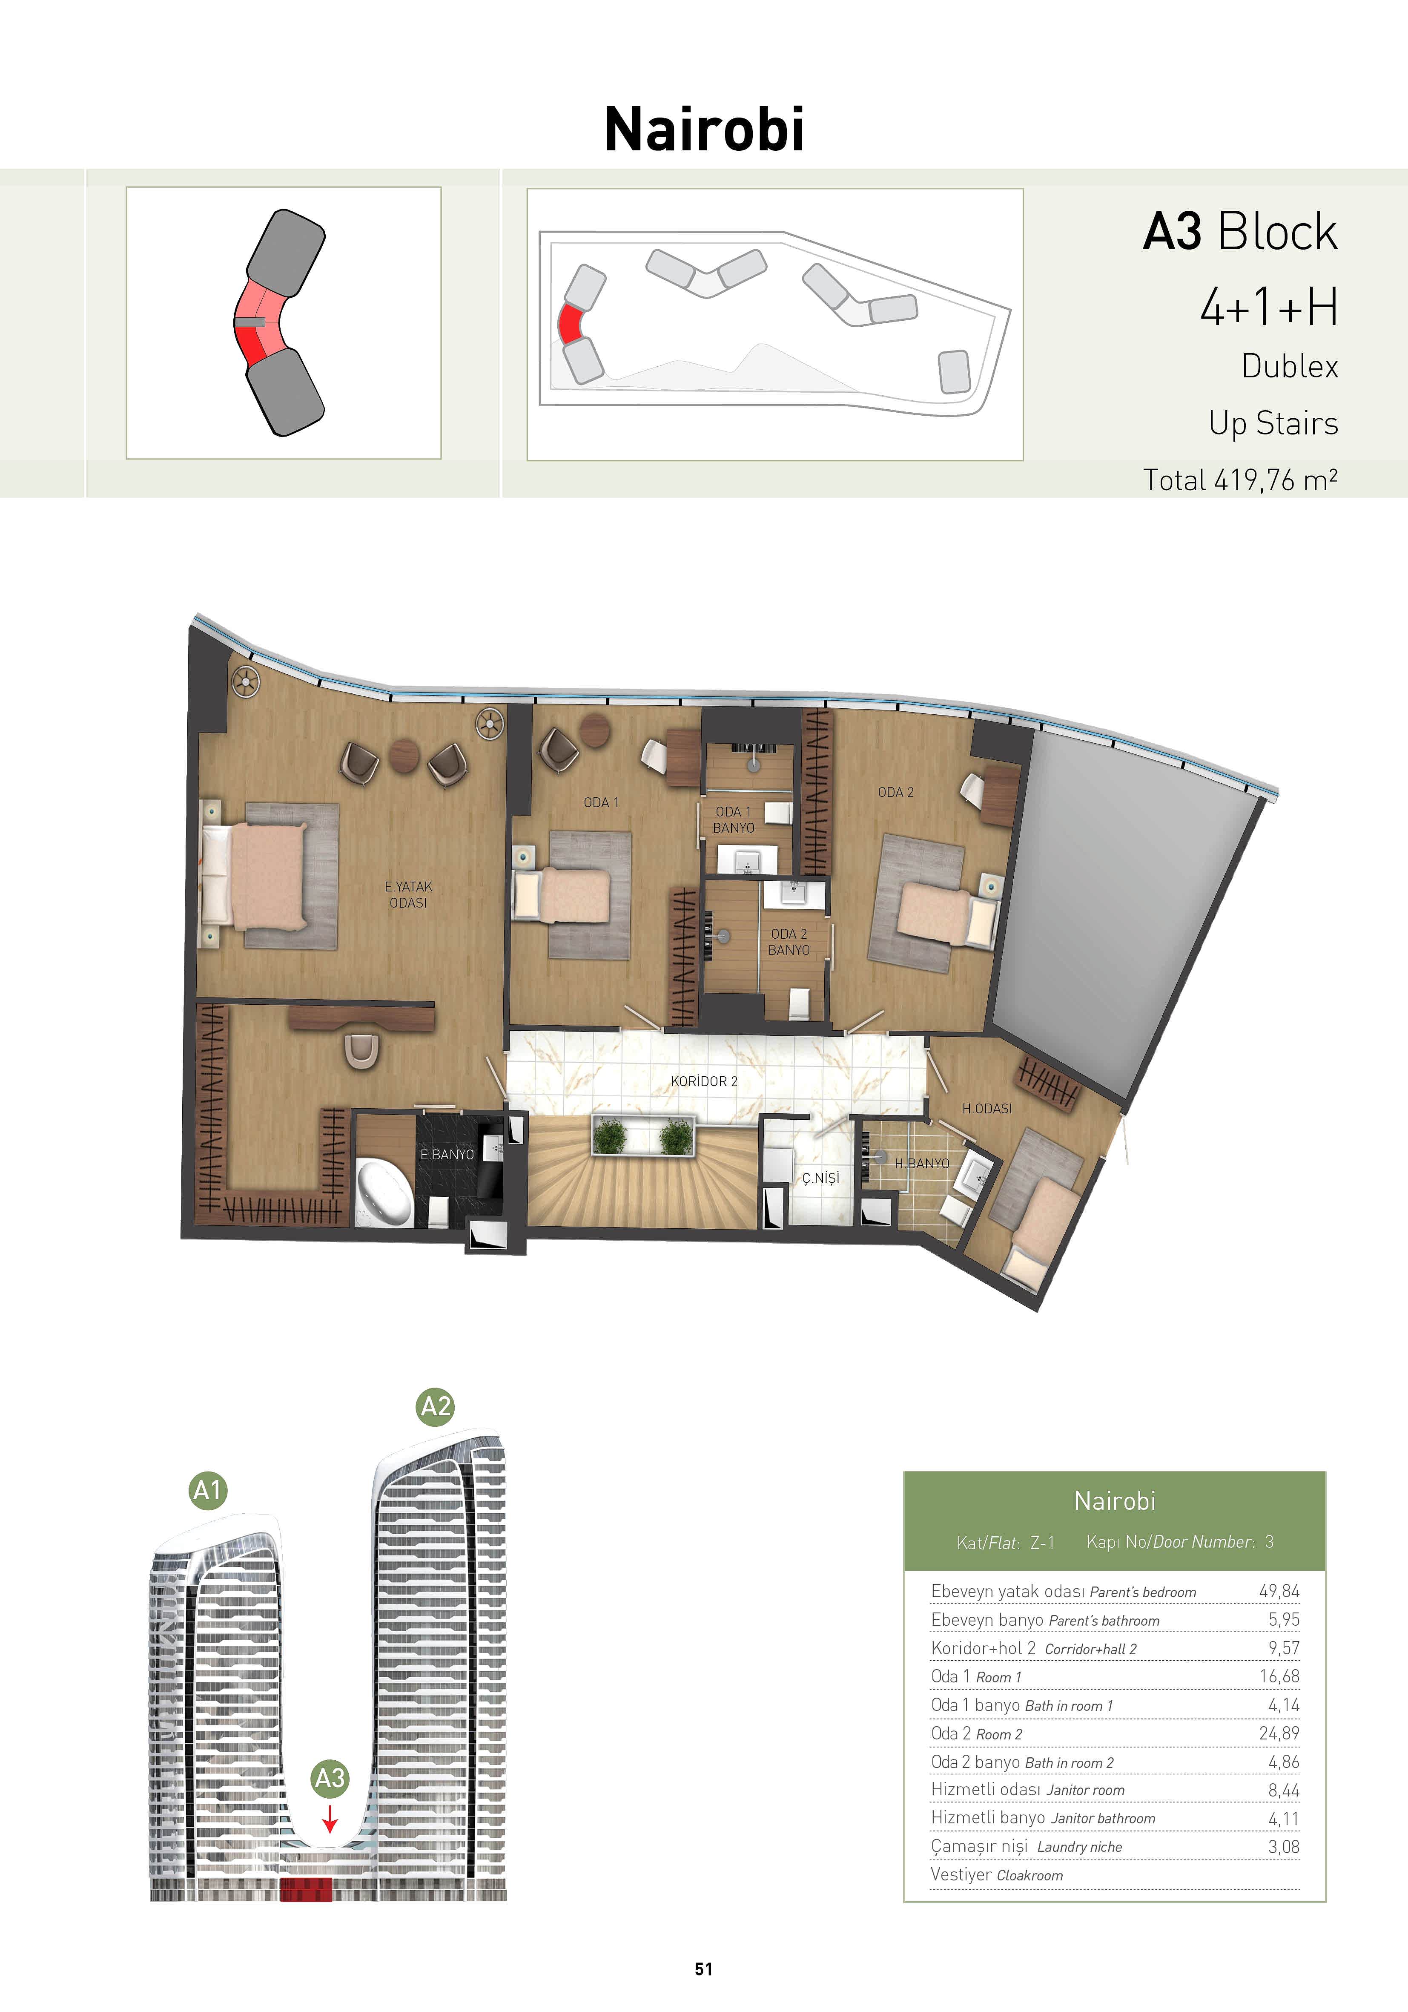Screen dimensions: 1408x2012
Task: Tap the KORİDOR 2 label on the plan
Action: point(703,1081)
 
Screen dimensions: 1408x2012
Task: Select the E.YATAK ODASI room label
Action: point(408,895)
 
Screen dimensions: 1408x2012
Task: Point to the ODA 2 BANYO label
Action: point(789,942)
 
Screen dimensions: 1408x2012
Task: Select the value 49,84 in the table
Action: point(1279,1590)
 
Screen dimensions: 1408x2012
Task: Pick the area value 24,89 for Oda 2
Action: point(1279,1733)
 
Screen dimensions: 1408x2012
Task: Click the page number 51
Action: point(703,1969)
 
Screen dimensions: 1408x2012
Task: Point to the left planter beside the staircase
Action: point(610,1138)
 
